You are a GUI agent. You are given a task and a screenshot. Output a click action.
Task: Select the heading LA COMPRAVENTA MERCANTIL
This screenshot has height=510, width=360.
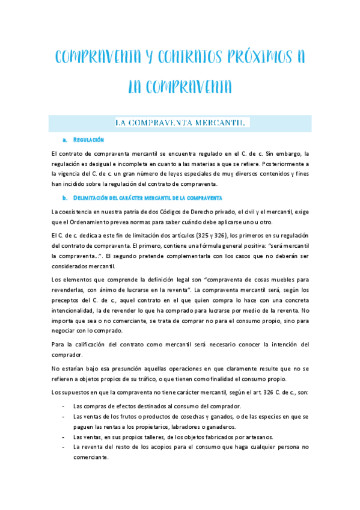pyautogui.click(x=180, y=123)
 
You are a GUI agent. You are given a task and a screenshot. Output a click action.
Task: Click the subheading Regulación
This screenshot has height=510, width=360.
pyautogui.click(x=88, y=140)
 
